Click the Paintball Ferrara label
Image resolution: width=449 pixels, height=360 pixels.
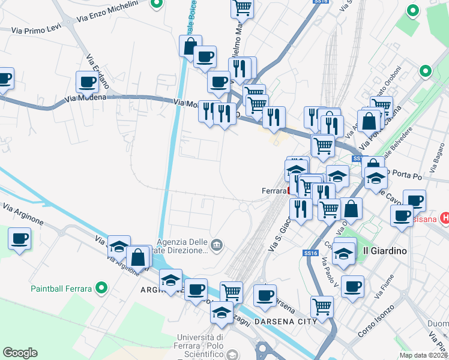click(x=61, y=289)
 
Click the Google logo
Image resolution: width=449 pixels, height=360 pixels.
click(x=20, y=353)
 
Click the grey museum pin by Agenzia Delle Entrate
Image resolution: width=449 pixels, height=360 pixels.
click(x=217, y=244)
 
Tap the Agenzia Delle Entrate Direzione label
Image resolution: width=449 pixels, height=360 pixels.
click(x=184, y=247)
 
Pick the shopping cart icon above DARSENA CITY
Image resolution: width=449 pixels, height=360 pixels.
click(x=322, y=306)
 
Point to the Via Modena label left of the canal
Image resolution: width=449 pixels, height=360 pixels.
click(x=86, y=97)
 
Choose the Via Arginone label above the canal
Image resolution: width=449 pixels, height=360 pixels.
click(x=23, y=214)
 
